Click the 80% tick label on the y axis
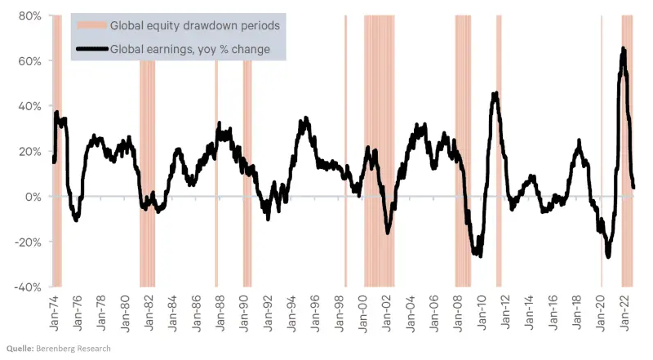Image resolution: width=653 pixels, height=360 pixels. [x=30, y=16]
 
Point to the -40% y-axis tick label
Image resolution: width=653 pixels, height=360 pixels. [x=28, y=287]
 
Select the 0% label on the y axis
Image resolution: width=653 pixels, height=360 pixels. [x=33, y=197]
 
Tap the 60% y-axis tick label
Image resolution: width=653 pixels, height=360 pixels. [x=30, y=61]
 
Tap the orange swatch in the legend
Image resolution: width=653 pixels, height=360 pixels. [x=91, y=25]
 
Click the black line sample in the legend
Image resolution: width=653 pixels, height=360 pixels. [x=91, y=50]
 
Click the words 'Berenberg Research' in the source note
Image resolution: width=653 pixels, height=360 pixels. [x=74, y=349]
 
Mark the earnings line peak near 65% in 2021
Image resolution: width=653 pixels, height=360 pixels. [x=624, y=49]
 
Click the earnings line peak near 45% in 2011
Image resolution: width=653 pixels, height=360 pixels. [x=495, y=94]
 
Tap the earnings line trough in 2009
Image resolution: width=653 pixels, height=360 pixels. [x=479, y=255]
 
